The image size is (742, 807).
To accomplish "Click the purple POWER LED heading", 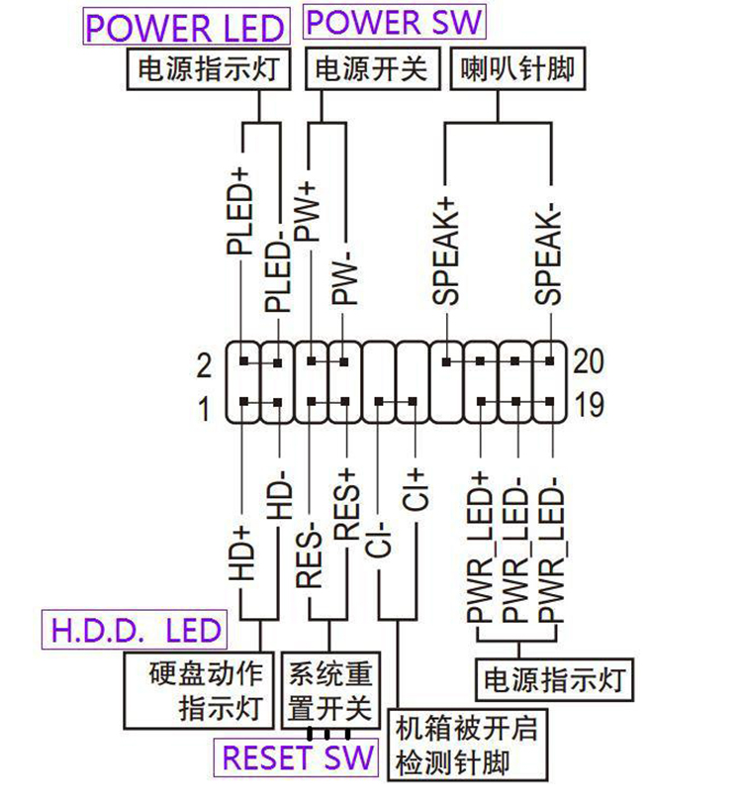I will [x=184, y=28].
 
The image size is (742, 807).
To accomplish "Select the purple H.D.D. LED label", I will [x=132, y=630].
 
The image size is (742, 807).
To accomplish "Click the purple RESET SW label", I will [x=298, y=757].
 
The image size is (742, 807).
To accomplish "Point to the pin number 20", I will [x=589, y=362].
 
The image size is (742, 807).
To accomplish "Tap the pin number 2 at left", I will [x=204, y=366].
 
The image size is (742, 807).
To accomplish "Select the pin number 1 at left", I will [x=204, y=409].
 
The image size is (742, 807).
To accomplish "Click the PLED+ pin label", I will [x=239, y=211].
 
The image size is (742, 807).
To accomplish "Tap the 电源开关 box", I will [x=371, y=69].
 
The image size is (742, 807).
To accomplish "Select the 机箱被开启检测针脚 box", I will [x=465, y=746].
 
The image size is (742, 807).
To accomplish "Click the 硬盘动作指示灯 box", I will [x=199, y=690].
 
